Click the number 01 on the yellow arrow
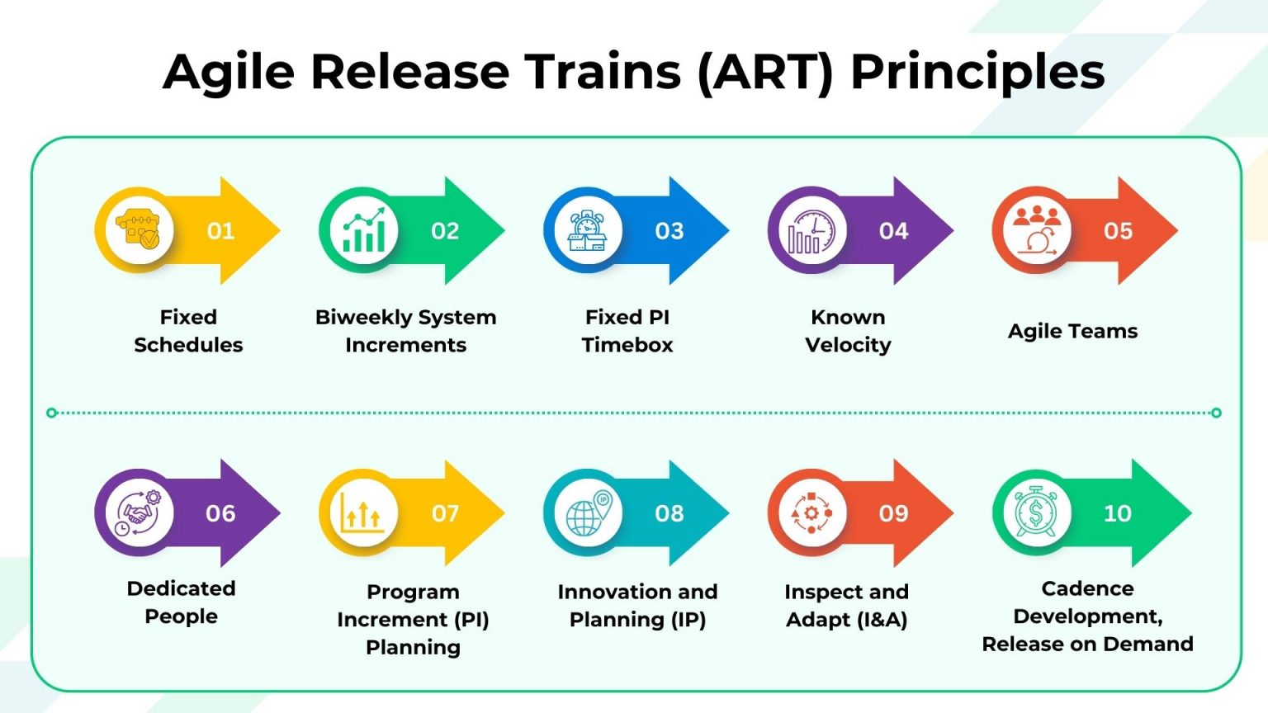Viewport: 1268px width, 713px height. coord(220,231)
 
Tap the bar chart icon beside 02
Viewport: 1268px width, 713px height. coord(363,231)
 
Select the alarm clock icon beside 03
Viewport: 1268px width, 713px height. coord(588,231)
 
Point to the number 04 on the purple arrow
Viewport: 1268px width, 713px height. coord(893,231)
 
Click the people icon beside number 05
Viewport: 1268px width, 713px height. coord(1037,231)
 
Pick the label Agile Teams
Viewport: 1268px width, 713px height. coord(1072,331)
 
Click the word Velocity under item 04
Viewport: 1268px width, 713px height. coord(848,345)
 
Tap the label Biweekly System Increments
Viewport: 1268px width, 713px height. coord(405,331)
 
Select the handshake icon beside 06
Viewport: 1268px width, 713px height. coord(139,513)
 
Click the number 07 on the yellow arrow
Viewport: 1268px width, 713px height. coord(445,513)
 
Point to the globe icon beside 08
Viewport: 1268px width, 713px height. coord(588,513)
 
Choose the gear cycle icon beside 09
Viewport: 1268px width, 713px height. coord(811,513)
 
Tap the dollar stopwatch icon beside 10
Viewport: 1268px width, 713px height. coord(1036,513)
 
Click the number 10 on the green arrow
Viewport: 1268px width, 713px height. coord(1117,513)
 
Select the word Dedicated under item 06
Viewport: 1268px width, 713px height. coord(181,588)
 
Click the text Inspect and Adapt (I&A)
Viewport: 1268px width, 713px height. coord(846,606)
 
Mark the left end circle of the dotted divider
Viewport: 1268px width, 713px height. coord(52,413)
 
